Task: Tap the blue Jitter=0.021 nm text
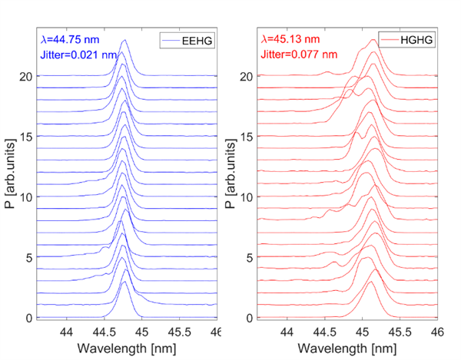tap(78, 54)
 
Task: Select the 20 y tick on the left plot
tap(28, 77)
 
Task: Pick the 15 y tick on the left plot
tap(28, 137)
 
